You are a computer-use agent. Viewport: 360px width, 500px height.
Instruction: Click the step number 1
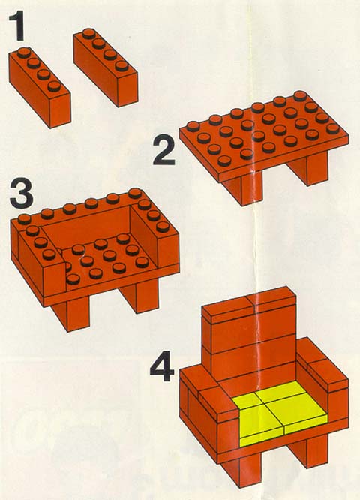[17, 26]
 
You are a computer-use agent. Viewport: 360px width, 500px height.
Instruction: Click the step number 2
[163, 150]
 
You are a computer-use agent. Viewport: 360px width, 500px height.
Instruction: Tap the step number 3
[21, 193]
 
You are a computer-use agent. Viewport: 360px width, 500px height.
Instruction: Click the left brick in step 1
[40, 87]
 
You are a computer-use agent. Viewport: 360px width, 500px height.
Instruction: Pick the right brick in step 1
[106, 68]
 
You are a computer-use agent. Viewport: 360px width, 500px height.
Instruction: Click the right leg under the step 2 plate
[308, 168]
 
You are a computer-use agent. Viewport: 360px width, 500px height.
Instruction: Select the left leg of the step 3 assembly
[70, 315]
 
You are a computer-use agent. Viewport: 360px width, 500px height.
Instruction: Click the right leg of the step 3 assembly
[139, 296]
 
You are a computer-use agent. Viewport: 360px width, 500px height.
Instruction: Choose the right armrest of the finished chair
[322, 370]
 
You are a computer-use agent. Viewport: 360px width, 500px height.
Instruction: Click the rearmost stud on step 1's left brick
[23, 53]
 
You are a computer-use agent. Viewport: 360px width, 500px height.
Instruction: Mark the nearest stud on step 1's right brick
[121, 65]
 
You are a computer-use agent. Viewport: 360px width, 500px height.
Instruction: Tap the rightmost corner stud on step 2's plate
[333, 128]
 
